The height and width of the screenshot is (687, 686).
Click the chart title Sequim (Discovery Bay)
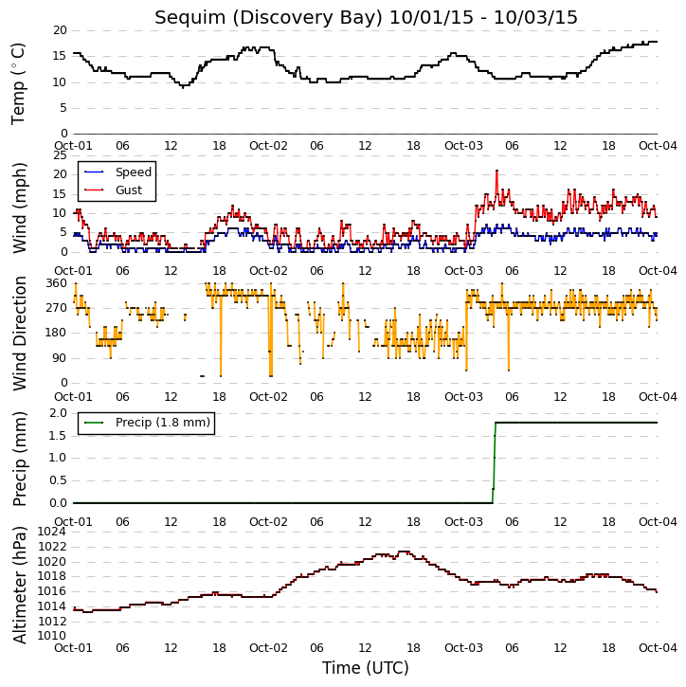point(268,18)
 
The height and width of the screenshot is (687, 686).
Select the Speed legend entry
point(117,172)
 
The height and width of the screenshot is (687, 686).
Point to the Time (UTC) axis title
point(366,668)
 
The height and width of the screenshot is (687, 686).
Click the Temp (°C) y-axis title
point(18,83)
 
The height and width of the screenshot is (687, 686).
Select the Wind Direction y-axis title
point(19,334)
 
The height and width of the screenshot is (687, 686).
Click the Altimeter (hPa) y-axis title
point(19,586)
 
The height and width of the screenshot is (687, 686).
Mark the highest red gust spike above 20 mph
point(496,171)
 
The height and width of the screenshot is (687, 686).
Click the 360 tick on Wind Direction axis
point(57,283)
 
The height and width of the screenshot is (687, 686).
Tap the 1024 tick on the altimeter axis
point(52,532)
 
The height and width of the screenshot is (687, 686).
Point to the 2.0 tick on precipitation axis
point(58,413)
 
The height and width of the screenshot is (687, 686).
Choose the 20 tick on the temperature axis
point(60,30)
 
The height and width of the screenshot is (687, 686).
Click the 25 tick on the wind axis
point(60,155)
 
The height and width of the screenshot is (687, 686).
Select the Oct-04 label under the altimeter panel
point(658,647)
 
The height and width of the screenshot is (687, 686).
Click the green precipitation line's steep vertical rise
point(495,462)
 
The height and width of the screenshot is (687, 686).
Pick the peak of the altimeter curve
point(404,551)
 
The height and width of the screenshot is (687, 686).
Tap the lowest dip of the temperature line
point(183,87)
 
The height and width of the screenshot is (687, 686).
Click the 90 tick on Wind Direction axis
point(60,358)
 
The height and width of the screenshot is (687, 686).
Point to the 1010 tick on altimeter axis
point(52,636)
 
